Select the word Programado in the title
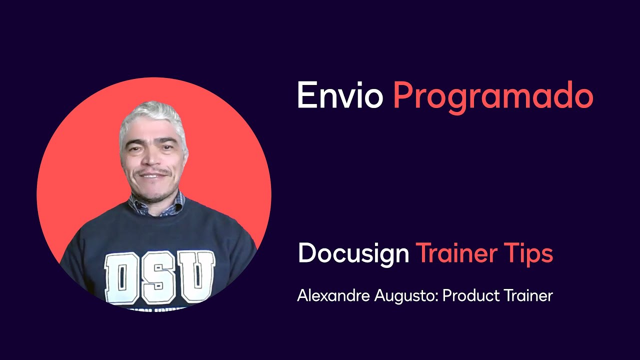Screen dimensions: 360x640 click(493, 96)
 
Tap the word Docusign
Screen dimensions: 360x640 click(353, 253)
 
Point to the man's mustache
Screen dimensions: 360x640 click(152, 173)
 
